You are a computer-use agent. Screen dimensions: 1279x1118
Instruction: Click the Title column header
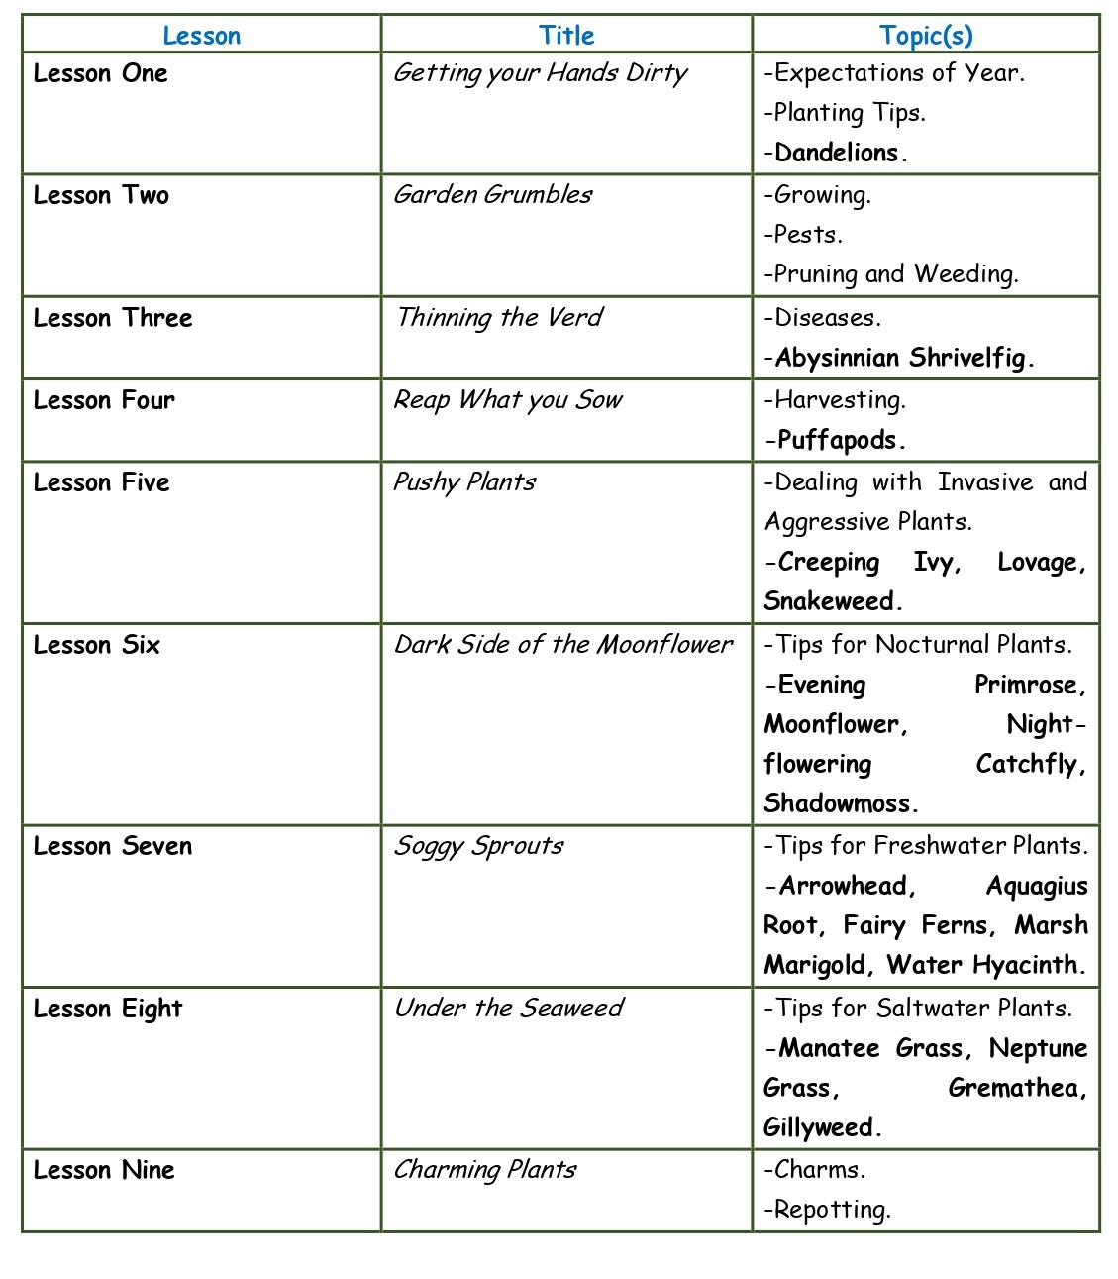coord(566,36)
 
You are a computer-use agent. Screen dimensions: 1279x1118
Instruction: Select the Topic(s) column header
coord(926,36)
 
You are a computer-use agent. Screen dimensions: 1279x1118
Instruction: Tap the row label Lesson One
coord(101,73)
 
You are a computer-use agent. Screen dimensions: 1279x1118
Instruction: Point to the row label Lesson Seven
coord(113,846)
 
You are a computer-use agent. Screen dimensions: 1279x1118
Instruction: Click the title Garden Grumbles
coord(493,195)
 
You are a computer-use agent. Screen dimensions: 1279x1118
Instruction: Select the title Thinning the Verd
coord(499,318)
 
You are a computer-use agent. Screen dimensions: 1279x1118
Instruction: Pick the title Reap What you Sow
coord(508,400)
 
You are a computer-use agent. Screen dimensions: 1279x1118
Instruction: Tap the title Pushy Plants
coord(464,482)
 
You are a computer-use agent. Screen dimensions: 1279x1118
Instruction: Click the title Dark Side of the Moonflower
coord(563,645)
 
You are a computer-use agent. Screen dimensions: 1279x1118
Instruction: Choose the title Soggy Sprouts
coord(479,846)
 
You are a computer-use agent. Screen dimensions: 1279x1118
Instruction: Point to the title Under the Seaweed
coord(509,1009)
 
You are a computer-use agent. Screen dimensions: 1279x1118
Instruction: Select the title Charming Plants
coord(485,1170)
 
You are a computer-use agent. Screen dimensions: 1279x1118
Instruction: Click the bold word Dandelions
coord(841,154)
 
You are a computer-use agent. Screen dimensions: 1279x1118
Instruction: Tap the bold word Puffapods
coord(841,441)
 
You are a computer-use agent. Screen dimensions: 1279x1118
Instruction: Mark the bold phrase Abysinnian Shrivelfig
coord(903,359)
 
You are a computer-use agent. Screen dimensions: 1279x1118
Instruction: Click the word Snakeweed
coord(832,602)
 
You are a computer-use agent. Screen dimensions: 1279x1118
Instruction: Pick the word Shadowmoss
coord(840,803)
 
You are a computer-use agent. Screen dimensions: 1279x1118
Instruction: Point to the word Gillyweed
coord(821,1128)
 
